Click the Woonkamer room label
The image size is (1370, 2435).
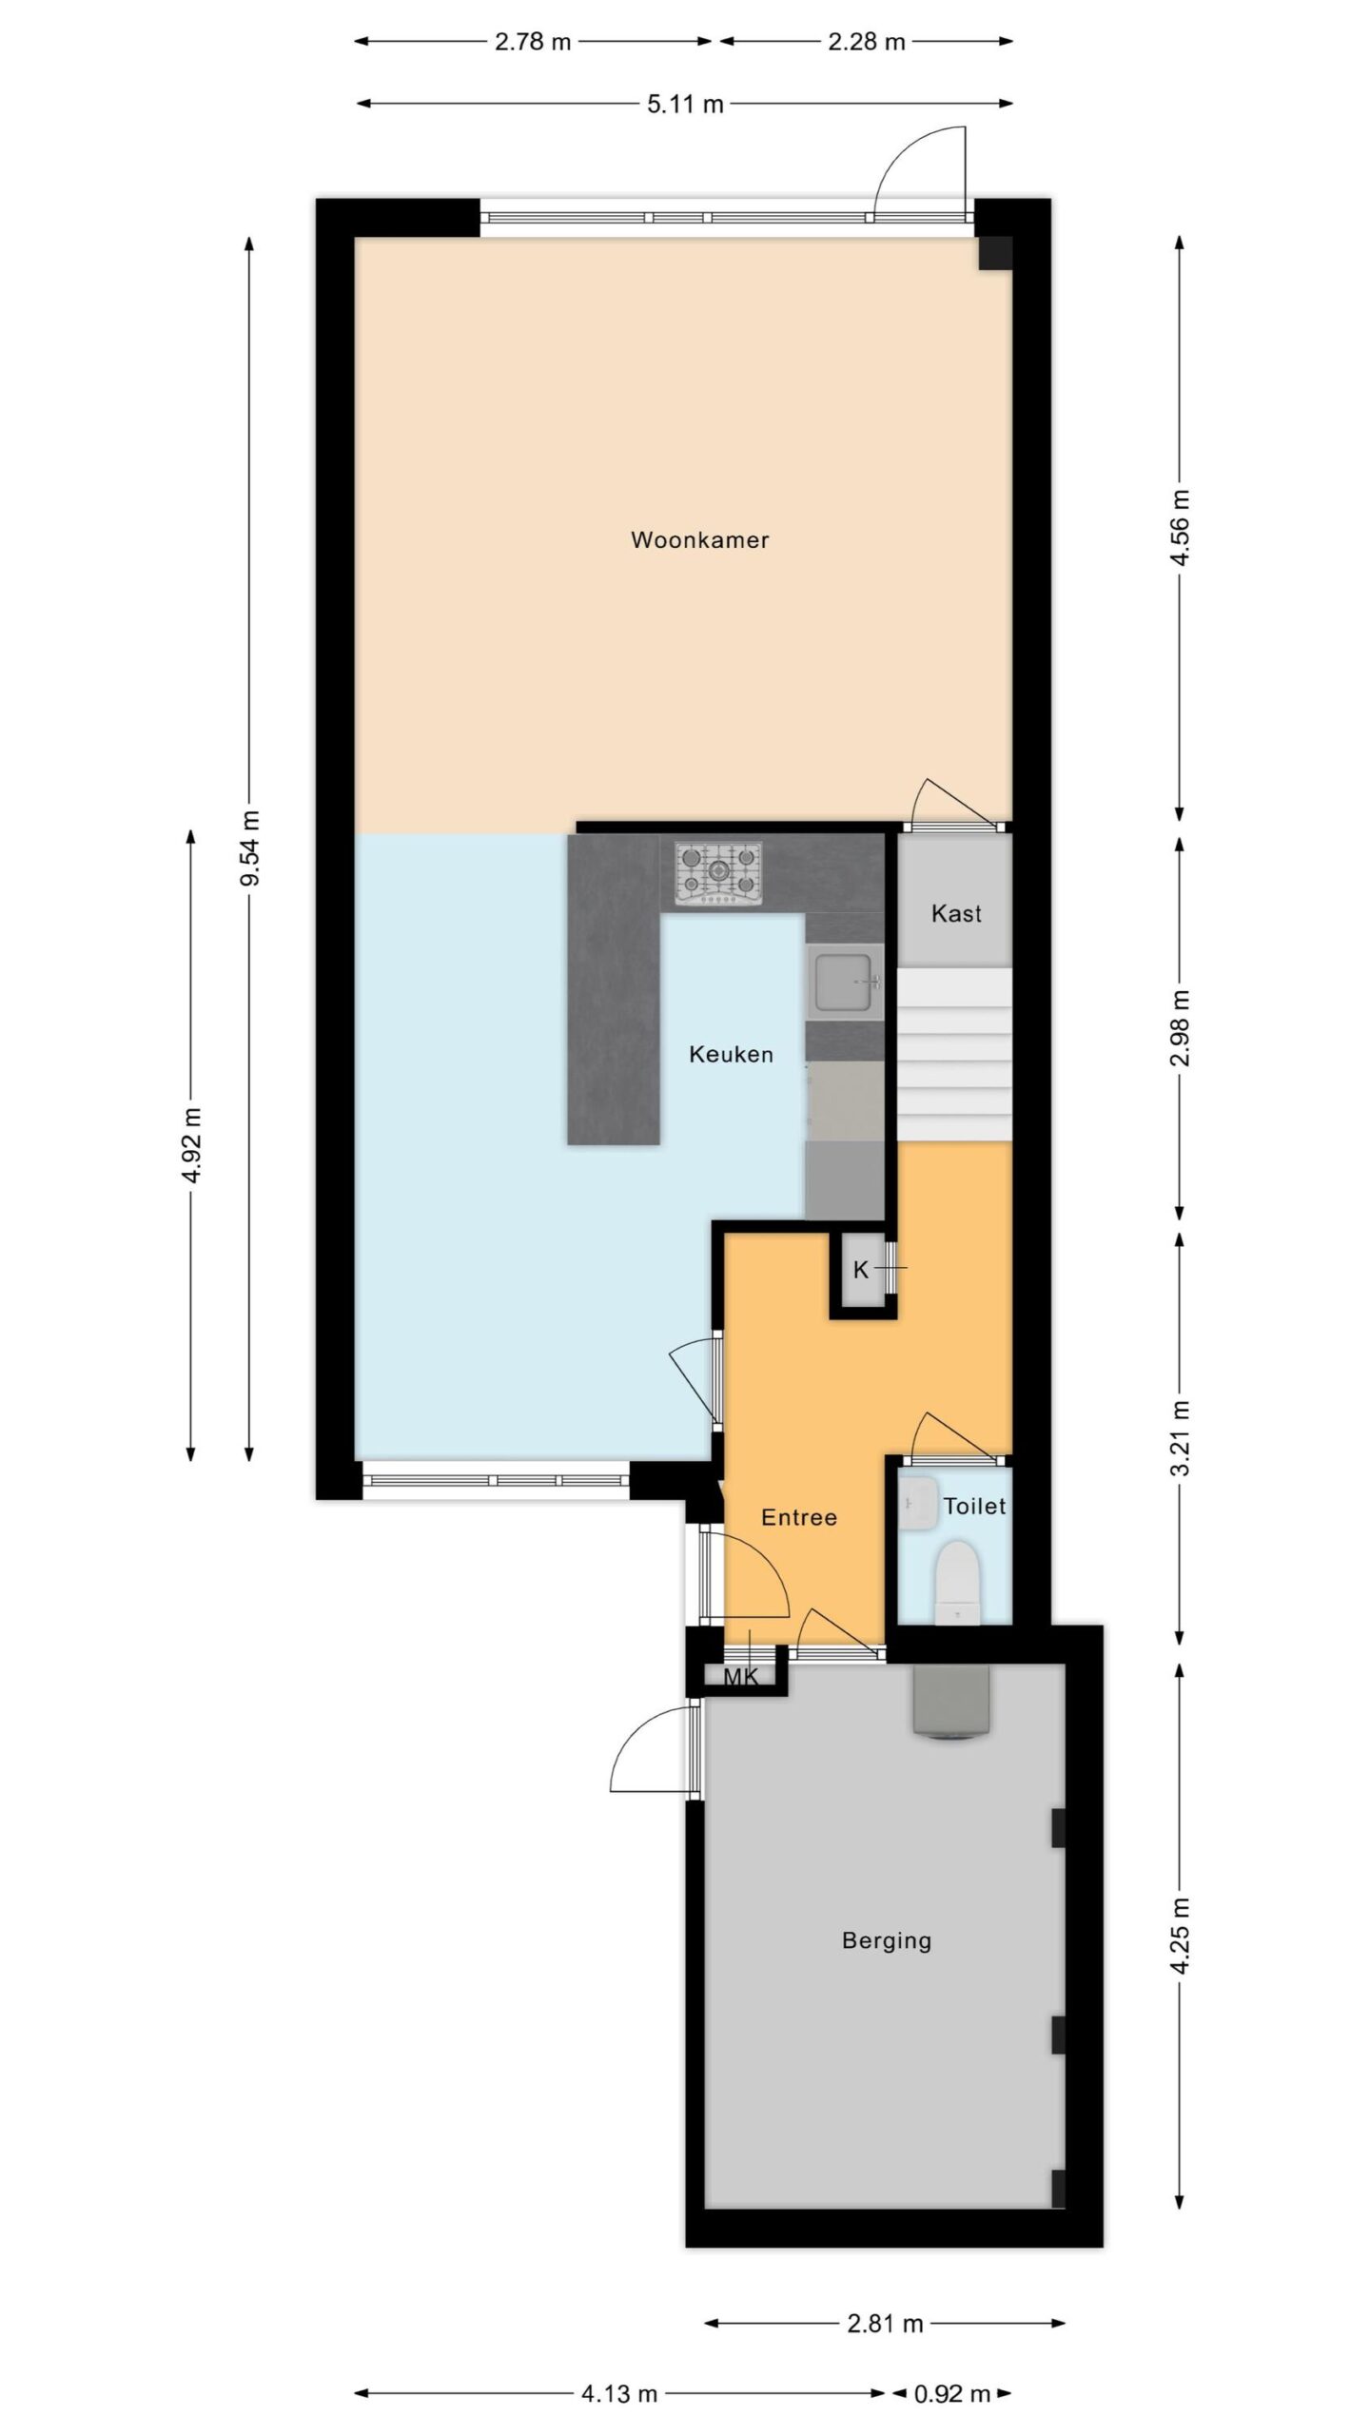[x=699, y=540]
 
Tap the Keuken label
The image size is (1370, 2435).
[x=731, y=1054]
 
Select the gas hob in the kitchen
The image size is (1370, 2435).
[x=719, y=873]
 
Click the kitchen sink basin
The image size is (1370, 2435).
[x=845, y=983]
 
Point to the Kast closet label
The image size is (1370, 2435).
[x=956, y=914]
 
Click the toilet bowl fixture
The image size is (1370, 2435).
[x=956, y=1583]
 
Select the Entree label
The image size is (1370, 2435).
[x=799, y=1518]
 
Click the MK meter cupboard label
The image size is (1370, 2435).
[x=741, y=1677]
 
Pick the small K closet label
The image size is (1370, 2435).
[x=861, y=1270]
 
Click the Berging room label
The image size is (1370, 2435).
[x=887, y=1941]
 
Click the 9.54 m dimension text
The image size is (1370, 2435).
[x=250, y=847]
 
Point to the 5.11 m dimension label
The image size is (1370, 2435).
[x=685, y=105]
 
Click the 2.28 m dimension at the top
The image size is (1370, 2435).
[x=866, y=42]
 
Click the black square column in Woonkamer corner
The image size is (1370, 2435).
[x=995, y=253]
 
